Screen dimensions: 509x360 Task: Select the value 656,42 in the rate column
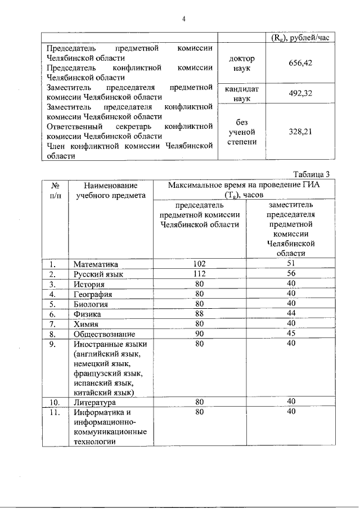tap(300, 63)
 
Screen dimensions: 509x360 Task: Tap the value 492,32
tap(300, 93)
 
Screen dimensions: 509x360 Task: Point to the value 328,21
tap(300, 132)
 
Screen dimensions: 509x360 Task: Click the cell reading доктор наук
tap(242, 63)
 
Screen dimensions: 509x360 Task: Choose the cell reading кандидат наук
tap(242, 93)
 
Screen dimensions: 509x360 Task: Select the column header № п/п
tap(55, 190)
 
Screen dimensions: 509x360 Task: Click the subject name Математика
tap(96, 263)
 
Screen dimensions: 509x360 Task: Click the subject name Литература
tap(95, 403)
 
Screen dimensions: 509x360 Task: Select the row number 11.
tap(55, 413)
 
